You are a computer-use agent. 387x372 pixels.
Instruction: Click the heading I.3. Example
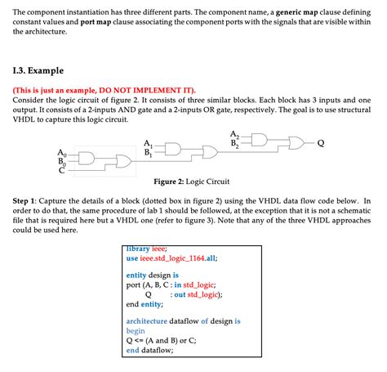coord(38,70)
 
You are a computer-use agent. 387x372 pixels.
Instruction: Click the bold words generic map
coord(297,12)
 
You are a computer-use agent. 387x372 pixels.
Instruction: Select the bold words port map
coord(96,22)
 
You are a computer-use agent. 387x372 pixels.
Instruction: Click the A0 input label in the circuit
coord(62,153)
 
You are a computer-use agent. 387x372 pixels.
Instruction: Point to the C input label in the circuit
coord(62,170)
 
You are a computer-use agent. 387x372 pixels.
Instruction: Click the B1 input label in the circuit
coord(149,153)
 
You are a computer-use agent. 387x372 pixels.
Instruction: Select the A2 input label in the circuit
coord(234,134)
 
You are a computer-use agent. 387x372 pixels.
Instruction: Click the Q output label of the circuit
coord(321,143)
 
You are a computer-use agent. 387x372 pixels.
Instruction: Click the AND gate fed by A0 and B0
coord(87,159)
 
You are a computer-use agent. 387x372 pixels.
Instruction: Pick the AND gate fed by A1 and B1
coord(173,150)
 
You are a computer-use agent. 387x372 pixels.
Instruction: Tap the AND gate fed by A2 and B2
coord(260,140)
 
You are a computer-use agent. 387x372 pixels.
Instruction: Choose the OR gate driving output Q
coord(296,143)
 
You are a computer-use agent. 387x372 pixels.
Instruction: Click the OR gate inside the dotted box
coord(123,161)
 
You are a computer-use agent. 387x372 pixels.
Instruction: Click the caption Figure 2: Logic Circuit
coord(192,182)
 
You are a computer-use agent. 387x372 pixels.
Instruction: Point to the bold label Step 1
coord(24,201)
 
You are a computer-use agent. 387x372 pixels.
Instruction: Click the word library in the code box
coord(138,249)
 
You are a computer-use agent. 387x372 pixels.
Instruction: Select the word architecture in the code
coord(146,321)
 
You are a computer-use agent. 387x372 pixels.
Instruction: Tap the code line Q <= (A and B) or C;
coord(161,341)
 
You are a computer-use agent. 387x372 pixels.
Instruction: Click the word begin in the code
coord(136,331)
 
